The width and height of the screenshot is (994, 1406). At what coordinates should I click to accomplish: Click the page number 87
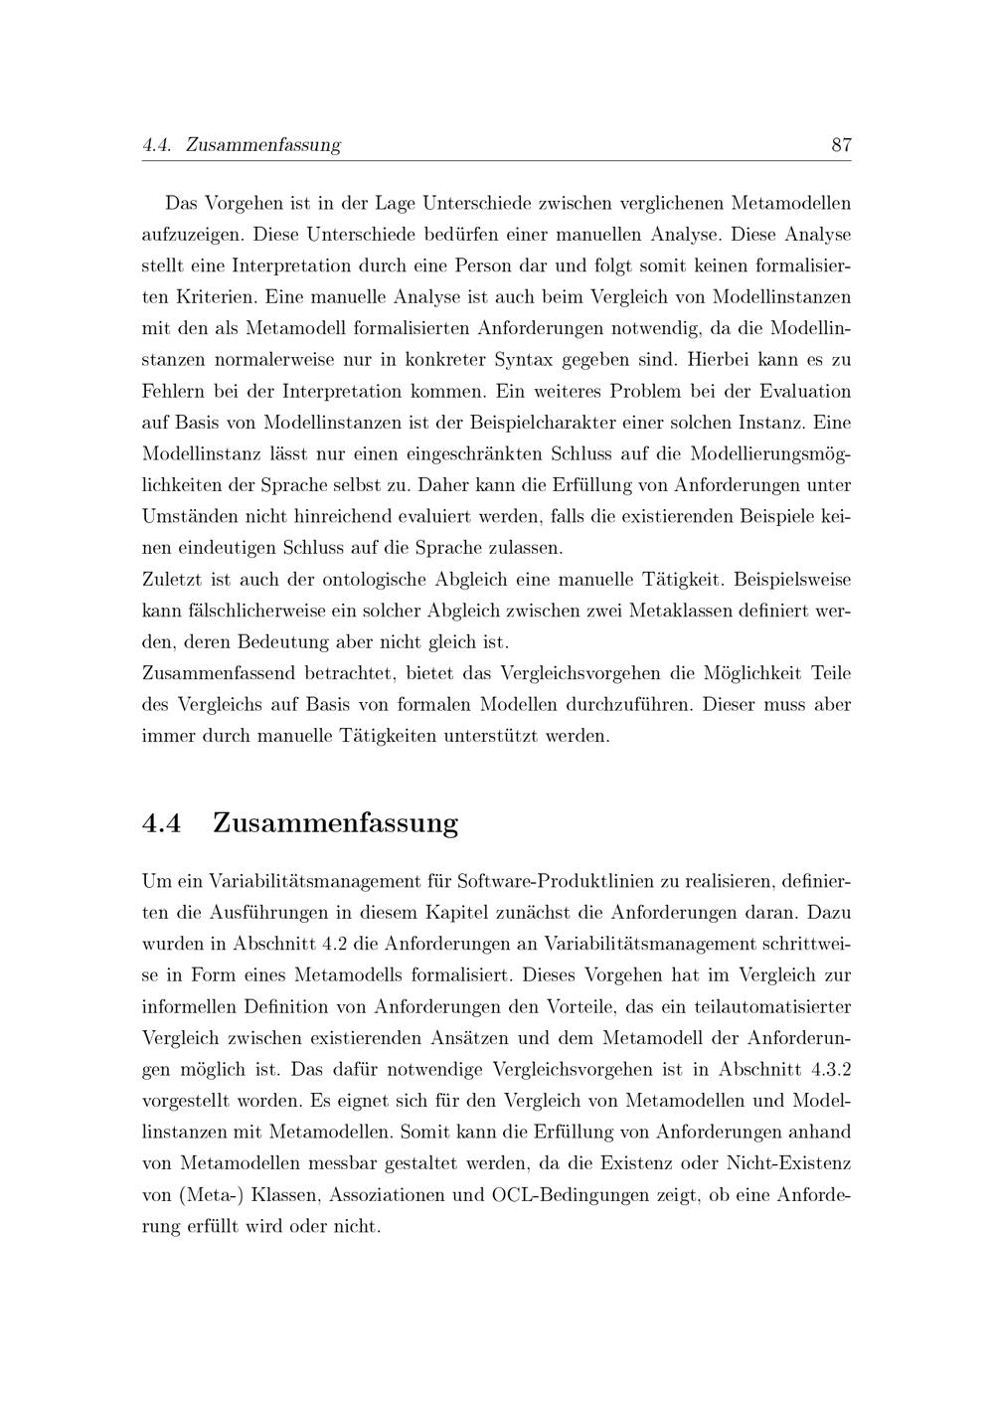click(841, 145)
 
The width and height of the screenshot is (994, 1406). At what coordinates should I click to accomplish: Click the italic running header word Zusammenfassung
click(263, 145)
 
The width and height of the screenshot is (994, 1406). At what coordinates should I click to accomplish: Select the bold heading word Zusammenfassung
click(335, 823)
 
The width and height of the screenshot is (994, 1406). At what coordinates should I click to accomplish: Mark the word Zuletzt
click(174, 579)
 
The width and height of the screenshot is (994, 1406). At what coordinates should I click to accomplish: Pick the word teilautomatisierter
click(765, 1006)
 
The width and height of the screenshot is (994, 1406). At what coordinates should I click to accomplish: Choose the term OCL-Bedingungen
click(567, 1194)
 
